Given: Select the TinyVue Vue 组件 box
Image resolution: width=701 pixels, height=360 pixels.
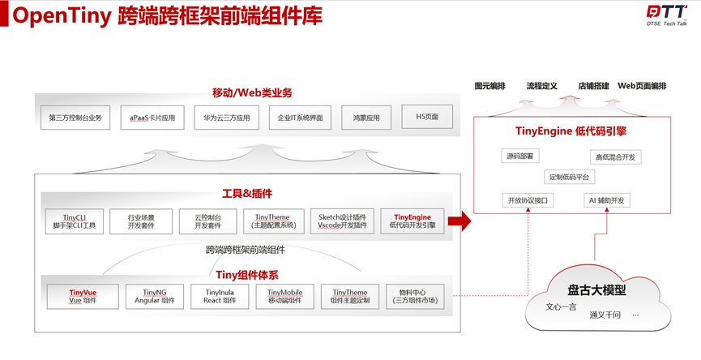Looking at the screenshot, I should [x=83, y=296].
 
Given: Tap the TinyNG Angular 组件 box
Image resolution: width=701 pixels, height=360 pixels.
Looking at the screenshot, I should [x=154, y=296].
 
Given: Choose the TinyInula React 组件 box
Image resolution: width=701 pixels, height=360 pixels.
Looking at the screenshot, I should [x=220, y=296].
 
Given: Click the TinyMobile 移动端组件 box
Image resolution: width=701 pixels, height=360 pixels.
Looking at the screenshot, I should [x=284, y=296].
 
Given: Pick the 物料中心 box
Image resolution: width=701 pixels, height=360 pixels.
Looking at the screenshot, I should [x=415, y=296].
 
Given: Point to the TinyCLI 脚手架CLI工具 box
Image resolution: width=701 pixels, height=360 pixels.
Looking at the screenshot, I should [x=75, y=221].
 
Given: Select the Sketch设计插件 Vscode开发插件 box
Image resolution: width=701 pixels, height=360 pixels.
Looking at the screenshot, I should [x=341, y=221].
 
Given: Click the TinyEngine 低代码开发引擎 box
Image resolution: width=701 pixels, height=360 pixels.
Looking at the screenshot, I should [x=412, y=221].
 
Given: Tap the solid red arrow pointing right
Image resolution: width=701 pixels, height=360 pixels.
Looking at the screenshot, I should [x=459, y=221].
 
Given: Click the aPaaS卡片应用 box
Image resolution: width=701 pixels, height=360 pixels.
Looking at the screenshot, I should [x=152, y=118].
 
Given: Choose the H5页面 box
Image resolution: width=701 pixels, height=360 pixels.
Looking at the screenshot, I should [x=427, y=117].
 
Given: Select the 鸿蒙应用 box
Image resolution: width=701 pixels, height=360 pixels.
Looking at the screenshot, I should [x=366, y=118].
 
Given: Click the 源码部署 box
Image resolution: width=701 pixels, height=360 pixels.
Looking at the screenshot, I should [x=519, y=156].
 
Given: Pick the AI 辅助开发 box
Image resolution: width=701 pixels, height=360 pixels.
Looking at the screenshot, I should [x=606, y=200].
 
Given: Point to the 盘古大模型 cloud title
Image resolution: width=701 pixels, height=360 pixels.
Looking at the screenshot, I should [x=596, y=289].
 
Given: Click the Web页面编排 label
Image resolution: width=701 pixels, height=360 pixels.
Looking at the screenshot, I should [x=642, y=86].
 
